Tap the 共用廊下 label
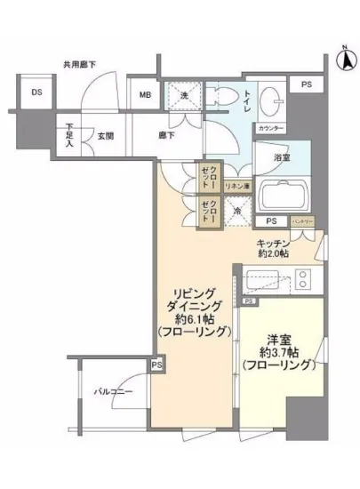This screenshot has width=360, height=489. pyautogui.click(x=79, y=64)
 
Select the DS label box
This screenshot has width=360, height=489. pyautogui.click(x=36, y=92)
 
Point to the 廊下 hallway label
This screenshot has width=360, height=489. pyautogui.click(x=166, y=136)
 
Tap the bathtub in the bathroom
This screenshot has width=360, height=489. pyautogui.click(x=282, y=194)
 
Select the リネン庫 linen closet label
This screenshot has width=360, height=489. pyautogui.click(x=236, y=187)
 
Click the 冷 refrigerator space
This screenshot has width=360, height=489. pyautogui.click(x=236, y=212)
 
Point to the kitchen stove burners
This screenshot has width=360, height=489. pyautogui.click(x=302, y=281)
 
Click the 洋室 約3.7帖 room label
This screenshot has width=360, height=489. pyautogui.click(x=278, y=351)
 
